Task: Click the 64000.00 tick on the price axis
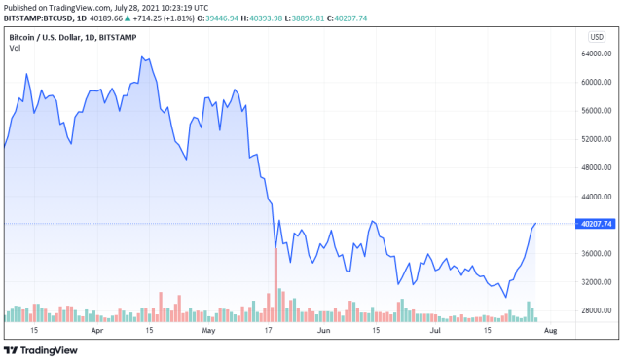[596, 54]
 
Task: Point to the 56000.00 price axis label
[596, 110]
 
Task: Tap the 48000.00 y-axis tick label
[596, 167]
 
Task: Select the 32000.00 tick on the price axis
[596, 282]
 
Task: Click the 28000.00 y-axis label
[596, 310]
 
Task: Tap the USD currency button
[596, 36]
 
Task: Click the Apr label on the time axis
[96, 331]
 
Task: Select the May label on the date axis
[208, 331]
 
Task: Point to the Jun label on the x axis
[323, 331]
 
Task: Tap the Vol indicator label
[15, 47]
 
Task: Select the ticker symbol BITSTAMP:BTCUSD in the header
[39, 18]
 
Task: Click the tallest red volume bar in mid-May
[275, 284]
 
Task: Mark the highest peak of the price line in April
[142, 57]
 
